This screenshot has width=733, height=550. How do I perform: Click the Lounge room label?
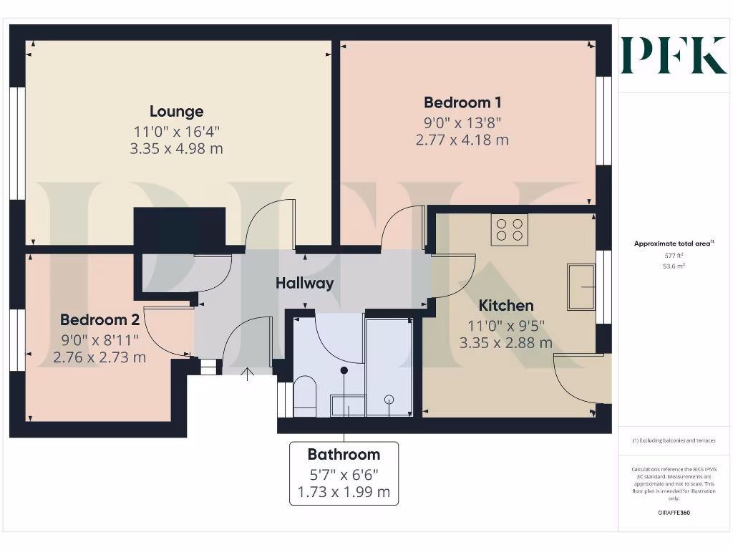[176, 112]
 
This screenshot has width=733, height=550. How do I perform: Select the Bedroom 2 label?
[99, 320]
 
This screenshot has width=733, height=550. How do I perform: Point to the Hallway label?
[305, 283]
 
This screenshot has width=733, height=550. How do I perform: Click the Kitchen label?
[506, 306]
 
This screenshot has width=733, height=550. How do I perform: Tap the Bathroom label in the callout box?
[344, 454]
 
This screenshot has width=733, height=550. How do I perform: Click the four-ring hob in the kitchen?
[509, 229]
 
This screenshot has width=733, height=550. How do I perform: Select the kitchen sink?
[581, 286]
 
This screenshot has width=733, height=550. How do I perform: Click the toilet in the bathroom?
[305, 395]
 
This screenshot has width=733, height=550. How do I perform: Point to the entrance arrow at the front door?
[248, 372]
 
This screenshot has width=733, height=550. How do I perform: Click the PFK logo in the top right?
[673, 55]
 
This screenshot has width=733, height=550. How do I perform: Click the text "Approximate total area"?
[673, 243]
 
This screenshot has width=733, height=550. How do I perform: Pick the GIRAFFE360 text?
[674, 513]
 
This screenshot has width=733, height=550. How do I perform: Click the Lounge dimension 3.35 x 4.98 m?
[176, 149]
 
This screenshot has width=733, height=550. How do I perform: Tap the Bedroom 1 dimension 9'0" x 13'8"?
[462, 122]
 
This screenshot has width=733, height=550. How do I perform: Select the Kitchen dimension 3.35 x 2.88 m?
[506, 342]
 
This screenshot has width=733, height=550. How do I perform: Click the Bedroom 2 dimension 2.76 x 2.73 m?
[99, 357]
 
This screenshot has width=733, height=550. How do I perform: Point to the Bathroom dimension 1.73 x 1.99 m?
[344, 492]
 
